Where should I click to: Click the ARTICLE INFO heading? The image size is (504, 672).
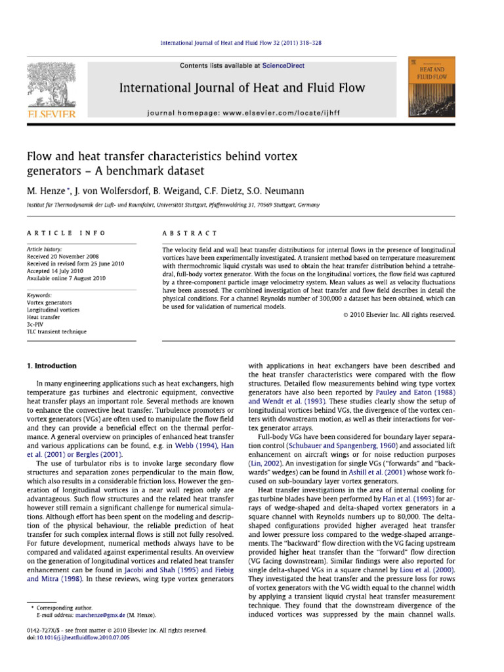coord(54,233)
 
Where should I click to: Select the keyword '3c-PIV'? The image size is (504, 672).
coord(37,324)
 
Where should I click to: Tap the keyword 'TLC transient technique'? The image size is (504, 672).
coord(56,331)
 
